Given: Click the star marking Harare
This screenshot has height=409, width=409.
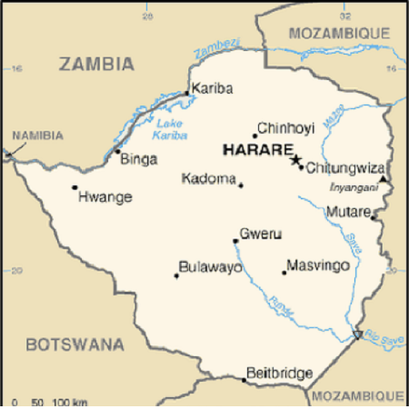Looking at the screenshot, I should point(294,160).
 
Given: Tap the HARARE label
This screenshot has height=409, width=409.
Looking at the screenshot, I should point(257,150).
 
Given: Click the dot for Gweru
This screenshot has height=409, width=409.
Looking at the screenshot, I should point(235,241).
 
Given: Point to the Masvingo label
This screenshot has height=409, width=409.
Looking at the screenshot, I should point(318,266).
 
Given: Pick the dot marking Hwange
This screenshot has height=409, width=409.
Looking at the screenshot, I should point(75,187).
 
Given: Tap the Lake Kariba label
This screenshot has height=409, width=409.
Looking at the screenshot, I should point(170,129).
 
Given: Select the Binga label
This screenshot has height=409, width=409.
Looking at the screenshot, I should point(138,160).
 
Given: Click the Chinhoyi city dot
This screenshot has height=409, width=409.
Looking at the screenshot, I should point(254,136).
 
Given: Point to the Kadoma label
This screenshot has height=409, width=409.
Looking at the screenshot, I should point(209,179).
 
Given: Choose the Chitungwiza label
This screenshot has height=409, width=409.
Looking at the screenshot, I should point(346,168).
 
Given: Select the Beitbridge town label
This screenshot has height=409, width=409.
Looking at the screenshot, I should point(280,373).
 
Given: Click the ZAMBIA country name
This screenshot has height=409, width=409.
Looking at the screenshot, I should point(96,65).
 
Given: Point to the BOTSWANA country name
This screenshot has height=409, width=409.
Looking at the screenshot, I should point(75,344).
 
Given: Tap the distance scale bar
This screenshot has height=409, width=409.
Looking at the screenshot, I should point(51,401).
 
